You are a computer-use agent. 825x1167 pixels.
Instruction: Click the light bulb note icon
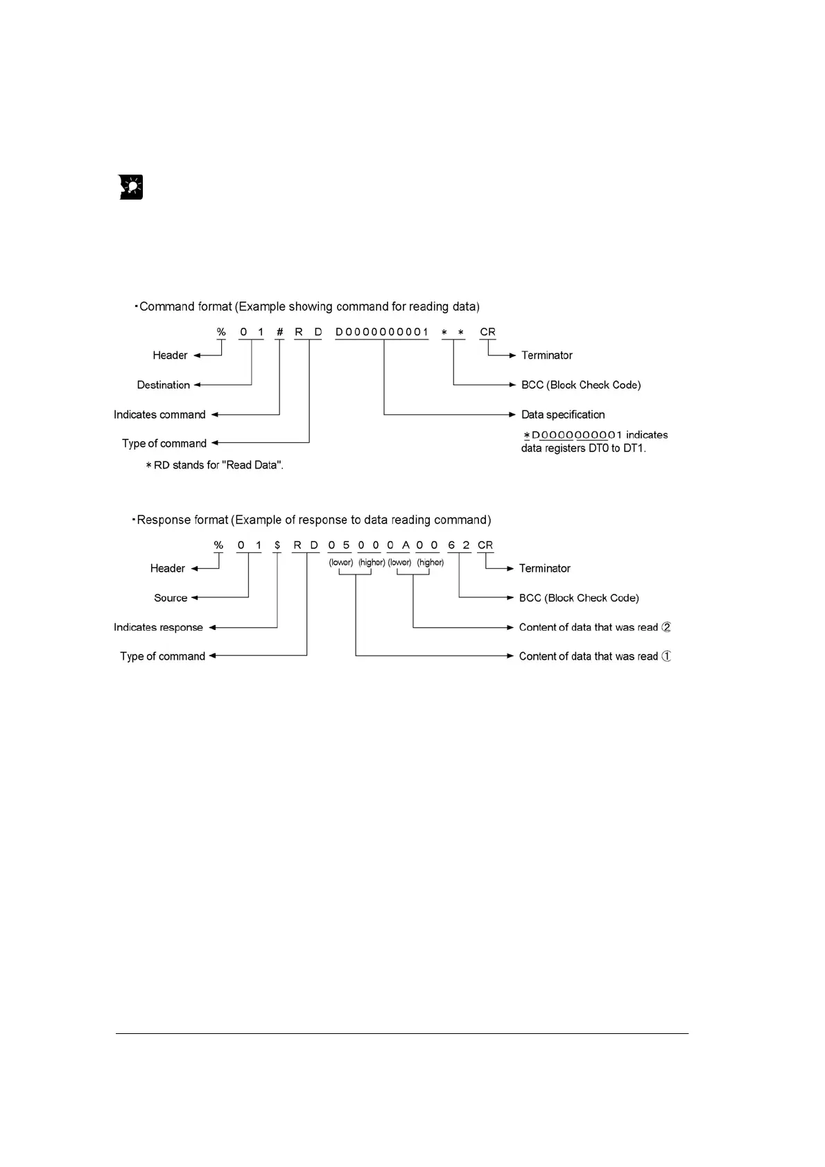click(131, 187)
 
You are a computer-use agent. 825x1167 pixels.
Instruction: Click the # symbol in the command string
click(279, 332)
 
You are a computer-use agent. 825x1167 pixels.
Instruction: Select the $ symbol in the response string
click(277, 545)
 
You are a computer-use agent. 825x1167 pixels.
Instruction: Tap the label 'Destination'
click(163, 385)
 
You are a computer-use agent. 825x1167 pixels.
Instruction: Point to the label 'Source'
click(171, 598)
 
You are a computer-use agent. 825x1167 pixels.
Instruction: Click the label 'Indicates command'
click(159, 415)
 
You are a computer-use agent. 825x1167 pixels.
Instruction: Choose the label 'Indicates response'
click(158, 628)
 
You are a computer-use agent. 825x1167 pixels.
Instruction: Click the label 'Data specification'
click(563, 415)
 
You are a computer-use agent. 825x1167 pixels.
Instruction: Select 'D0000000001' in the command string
click(382, 332)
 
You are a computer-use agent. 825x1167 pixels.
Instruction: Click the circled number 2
click(666, 627)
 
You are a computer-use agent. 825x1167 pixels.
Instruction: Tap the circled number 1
click(666, 656)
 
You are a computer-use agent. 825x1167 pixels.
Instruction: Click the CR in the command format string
click(487, 332)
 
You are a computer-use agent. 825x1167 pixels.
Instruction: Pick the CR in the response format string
click(485, 545)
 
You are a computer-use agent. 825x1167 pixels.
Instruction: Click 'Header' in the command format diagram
click(170, 356)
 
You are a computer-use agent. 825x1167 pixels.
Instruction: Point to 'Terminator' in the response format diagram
click(544, 568)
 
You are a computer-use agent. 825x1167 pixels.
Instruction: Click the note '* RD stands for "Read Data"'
click(214, 465)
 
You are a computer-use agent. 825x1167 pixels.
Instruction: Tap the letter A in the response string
click(406, 545)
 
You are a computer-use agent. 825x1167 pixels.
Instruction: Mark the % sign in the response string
click(218, 545)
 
